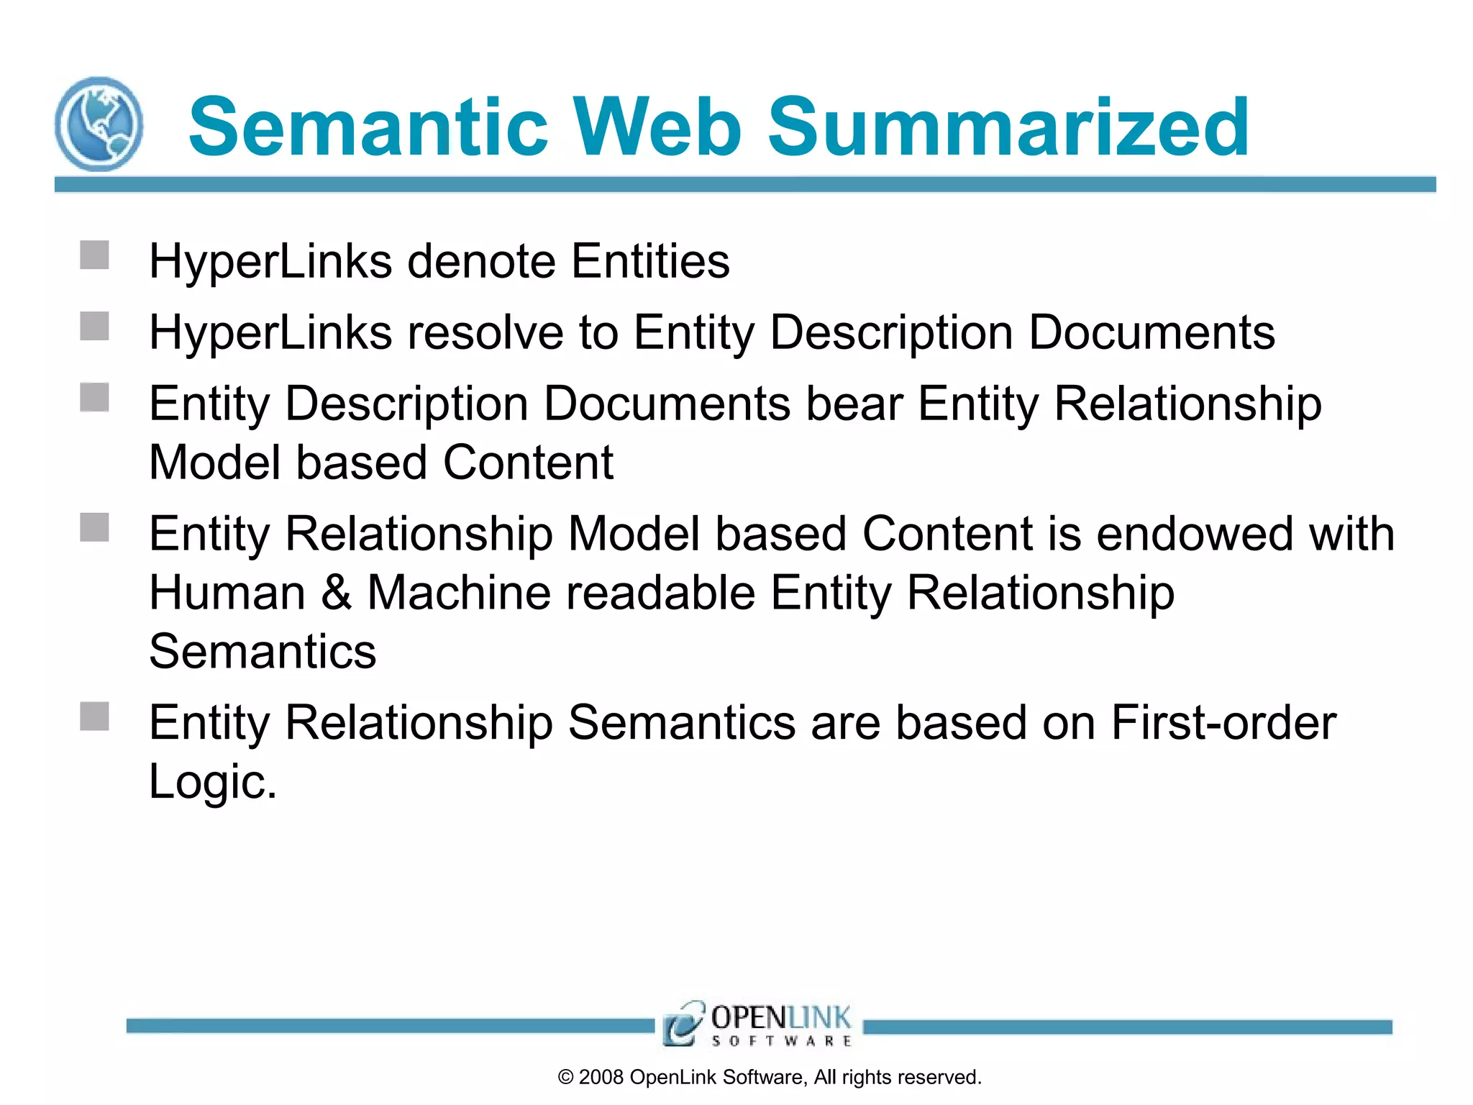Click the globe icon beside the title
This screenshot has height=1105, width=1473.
click(99, 124)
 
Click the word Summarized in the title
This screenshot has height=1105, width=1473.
click(1008, 128)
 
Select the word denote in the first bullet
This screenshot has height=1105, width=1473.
click(481, 260)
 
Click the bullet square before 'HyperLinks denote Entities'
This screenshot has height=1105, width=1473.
click(94, 255)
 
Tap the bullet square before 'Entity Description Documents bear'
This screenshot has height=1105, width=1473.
click(94, 397)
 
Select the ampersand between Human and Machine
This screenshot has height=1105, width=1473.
click(337, 593)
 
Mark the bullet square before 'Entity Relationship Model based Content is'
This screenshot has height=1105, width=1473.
click(94, 527)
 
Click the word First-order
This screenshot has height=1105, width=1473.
click(1223, 722)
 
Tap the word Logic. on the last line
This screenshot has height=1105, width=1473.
click(213, 781)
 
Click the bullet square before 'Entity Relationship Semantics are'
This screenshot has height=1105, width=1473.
click(94, 717)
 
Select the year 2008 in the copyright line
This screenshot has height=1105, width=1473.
click(601, 1077)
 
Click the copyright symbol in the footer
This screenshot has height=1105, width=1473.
click(566, 1077)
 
